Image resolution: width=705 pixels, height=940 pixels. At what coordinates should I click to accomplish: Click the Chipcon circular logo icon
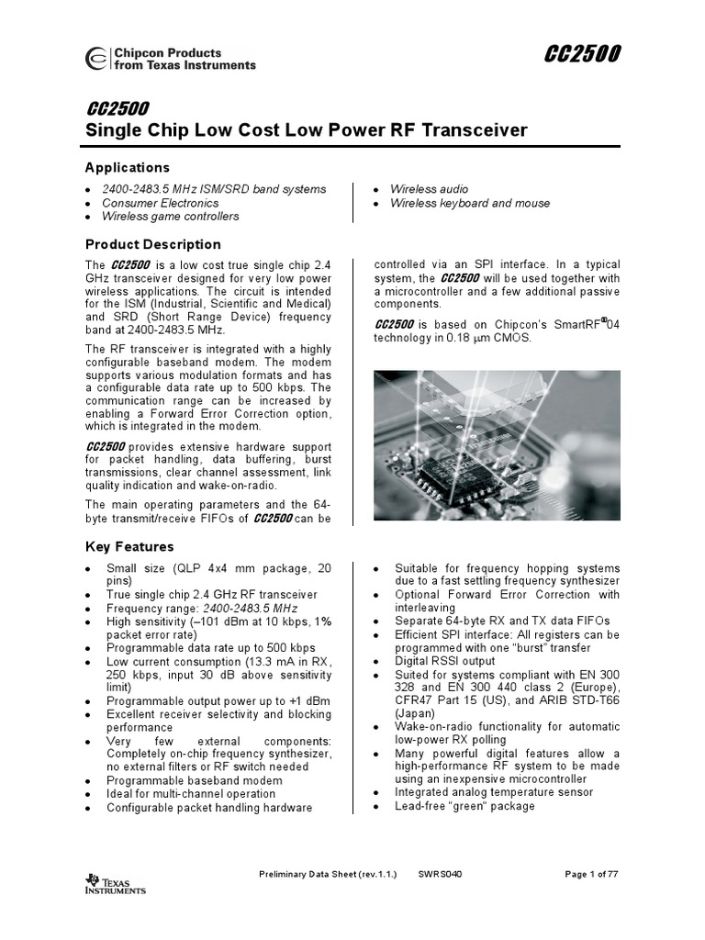95,60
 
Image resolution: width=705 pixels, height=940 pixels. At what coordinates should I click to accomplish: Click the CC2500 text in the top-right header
582,56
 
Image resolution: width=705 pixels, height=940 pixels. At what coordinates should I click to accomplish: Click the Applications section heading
127,168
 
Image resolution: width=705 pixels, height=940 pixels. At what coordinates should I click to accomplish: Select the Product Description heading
152,244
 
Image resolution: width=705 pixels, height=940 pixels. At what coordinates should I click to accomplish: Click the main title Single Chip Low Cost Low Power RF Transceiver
306,130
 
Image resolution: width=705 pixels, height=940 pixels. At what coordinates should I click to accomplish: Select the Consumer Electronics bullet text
160,203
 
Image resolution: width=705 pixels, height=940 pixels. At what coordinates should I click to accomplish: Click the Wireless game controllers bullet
170,217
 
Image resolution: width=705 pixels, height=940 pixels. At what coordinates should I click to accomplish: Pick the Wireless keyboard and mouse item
469,203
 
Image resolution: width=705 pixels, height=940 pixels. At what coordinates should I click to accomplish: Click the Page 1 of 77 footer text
591,874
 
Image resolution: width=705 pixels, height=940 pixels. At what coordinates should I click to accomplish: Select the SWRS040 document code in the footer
440,874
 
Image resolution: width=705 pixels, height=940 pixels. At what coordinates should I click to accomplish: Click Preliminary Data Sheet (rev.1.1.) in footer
328,874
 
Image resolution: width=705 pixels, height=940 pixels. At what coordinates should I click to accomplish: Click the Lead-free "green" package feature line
464,806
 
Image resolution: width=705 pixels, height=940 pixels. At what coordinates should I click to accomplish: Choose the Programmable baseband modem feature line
195,780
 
